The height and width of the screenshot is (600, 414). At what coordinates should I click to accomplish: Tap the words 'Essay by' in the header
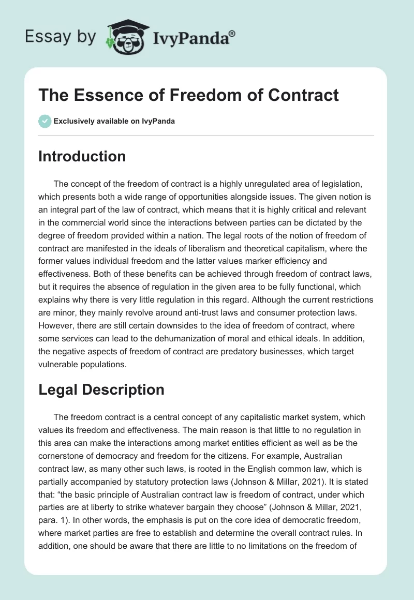point(61,36)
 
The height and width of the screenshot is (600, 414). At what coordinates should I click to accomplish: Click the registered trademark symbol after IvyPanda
point(232,34)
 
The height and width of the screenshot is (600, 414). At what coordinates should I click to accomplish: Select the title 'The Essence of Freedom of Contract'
point(188,95)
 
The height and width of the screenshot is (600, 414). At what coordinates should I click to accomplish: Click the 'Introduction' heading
point(82,156)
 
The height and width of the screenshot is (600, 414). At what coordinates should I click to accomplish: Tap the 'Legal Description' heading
point(101,389)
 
